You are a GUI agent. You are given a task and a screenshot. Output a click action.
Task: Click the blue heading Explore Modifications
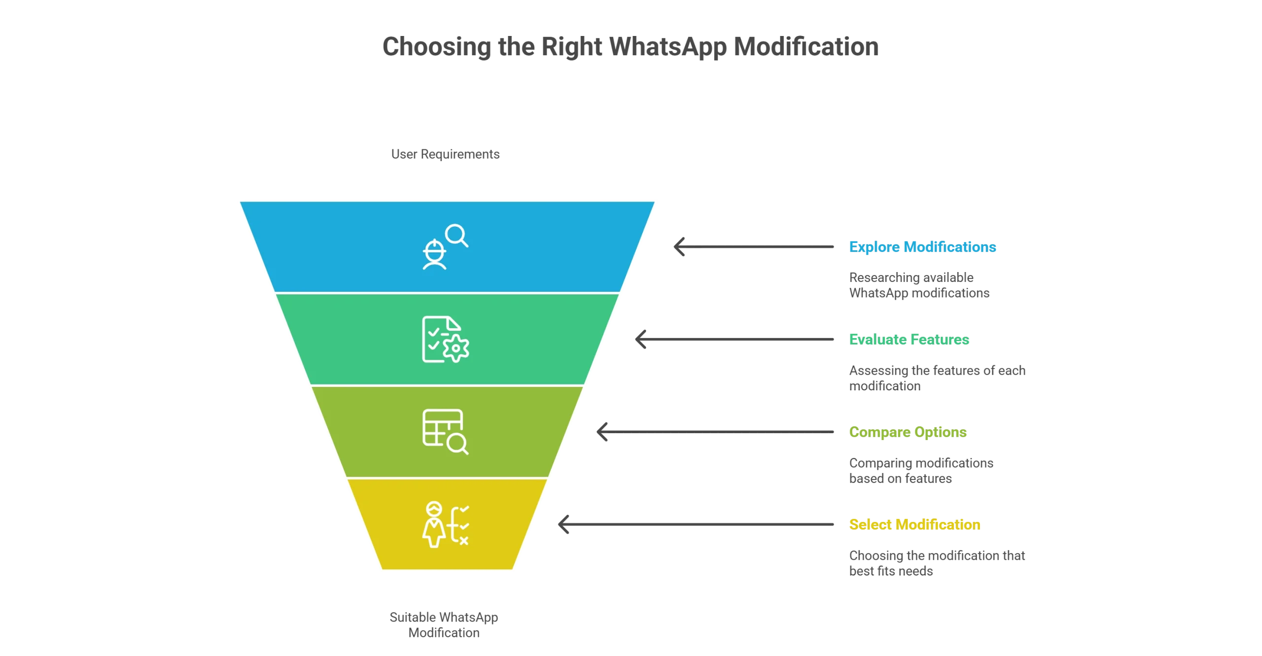point(922,246)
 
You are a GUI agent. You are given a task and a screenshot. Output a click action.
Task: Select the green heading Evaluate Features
point(909,340)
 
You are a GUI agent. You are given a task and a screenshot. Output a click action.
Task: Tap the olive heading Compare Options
point(908,432)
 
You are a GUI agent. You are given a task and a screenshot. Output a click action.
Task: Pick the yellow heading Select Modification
point(914,525)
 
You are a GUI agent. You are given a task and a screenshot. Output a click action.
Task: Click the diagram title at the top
point(631,48)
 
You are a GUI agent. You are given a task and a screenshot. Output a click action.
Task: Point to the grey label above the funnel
point(445,154)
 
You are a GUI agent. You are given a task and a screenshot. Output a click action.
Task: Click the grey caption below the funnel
point(443,624)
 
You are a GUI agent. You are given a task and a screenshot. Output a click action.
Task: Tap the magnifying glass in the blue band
point(457,236)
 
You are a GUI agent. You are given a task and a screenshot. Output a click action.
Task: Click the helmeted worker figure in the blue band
point(434,254)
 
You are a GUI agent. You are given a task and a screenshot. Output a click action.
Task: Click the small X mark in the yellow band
point(463,542)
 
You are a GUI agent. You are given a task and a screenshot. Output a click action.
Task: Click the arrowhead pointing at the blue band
point(679,246)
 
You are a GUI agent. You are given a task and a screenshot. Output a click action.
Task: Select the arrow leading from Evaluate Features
point(735,340)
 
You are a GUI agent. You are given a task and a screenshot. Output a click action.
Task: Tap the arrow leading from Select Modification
point(695,525)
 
